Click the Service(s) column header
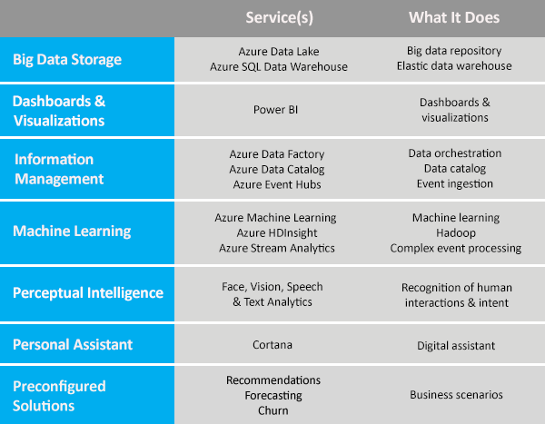[280, 18]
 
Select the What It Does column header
[454, 17]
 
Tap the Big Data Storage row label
[67, 60]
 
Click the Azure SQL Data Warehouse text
[279, 66]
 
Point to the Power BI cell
[275, 110]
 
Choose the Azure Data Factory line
[277, 154]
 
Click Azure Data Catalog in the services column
[277, 169]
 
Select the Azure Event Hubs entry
[277, 184]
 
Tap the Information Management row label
[59, 169]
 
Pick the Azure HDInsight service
[277, 232]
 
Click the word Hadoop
[456, 232]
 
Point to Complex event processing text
[456, 248]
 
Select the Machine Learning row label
[72, 232]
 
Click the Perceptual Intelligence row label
[88, 292]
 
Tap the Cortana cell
[272, 345]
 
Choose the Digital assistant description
[456, 345]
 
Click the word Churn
[272, 410]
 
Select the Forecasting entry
[273, 396]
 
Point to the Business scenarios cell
[456, 394]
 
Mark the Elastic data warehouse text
[454, 65]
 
